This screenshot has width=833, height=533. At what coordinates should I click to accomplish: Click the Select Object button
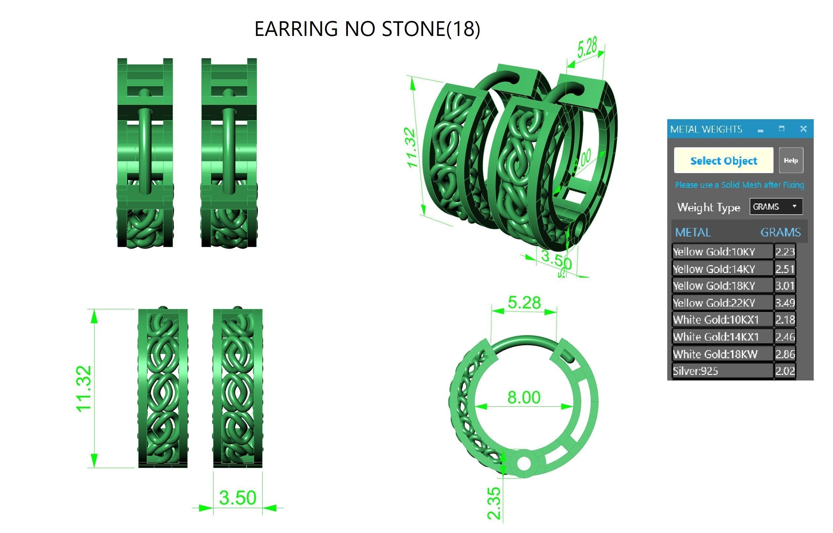[723, 161]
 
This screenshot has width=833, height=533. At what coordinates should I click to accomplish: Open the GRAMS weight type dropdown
[776, 207]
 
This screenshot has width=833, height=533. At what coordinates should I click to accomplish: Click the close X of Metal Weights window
[804, 129]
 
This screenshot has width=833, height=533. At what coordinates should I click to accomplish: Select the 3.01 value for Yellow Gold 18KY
[785, 285]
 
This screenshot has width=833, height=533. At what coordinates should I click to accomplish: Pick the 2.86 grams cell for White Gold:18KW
[785, 354]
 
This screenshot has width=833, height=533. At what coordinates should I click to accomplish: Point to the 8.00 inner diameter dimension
[524, 397]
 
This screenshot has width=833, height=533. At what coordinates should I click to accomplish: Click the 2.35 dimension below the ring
[494, 503]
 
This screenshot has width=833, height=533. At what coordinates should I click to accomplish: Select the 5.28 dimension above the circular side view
[524, 303]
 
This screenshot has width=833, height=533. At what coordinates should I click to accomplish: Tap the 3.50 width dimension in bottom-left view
[238, 498]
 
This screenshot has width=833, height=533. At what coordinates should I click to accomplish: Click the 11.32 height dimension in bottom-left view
[84, 389]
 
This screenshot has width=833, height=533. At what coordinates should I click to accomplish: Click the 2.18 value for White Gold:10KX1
[785, 319]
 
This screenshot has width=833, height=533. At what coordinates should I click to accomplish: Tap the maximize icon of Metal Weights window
[781, 129]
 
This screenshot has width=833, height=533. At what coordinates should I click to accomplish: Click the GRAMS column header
[780, 232]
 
